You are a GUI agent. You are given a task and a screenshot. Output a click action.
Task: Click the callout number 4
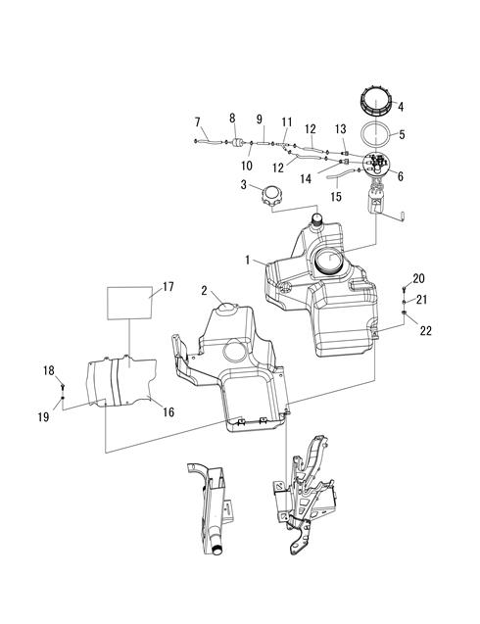(401, 107)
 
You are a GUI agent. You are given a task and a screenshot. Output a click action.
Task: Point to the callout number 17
(168, 286)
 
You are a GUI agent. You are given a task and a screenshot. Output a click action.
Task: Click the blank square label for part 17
(130, 303)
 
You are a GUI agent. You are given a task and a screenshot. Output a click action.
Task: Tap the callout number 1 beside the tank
(248, 261)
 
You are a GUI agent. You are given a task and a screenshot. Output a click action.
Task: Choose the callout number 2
(204, 291)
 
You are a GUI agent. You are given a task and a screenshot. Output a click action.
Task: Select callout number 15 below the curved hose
(336, 196)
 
